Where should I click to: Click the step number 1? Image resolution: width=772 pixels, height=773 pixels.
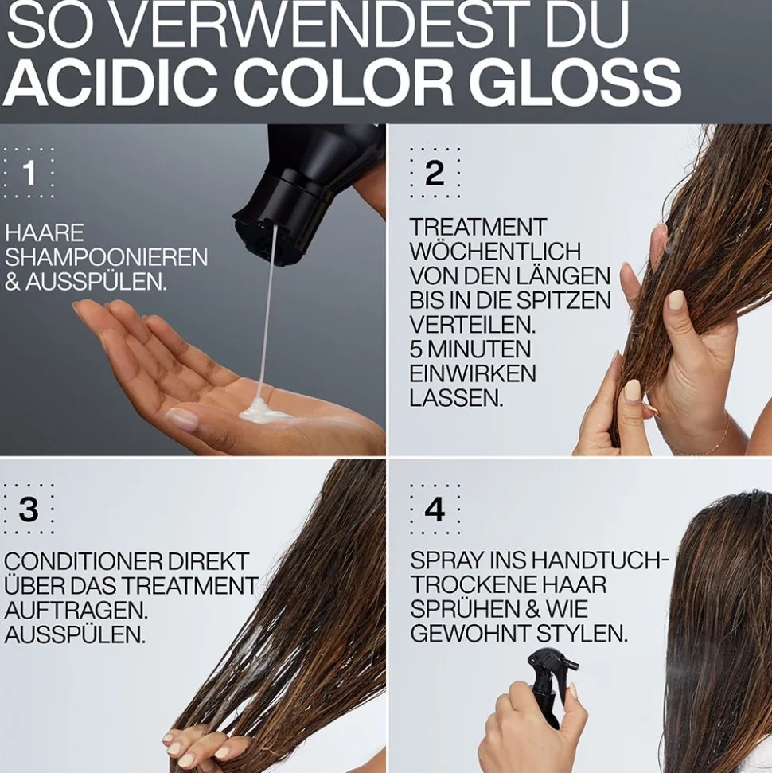pos(29,173)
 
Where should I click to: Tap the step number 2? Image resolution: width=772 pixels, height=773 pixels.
pos(435,173)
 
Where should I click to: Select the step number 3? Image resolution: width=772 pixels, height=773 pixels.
pos(29,509)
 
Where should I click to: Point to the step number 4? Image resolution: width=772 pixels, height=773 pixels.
pos(435,509)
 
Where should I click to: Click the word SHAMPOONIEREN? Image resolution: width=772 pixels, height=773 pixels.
pos(106,258)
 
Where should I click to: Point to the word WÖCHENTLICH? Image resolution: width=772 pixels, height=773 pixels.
pos(496,252)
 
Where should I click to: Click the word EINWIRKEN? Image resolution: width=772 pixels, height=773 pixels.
pos(473,373)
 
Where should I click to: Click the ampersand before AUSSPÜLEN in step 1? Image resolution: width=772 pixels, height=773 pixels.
pos(13,283)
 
